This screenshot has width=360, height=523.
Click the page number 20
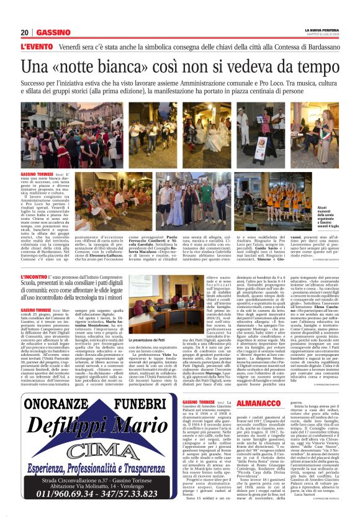[x=25, y=32]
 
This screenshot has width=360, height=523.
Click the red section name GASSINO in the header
[x=53, y=32]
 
